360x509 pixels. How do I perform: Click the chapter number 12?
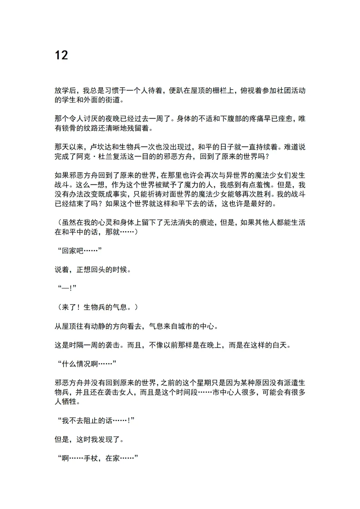pyautogui.click(x=61, y=55)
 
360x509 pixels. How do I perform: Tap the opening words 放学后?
pyautogui.click(x=65, y=91)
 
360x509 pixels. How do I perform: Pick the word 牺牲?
pyautogui.click(x=69, y=402)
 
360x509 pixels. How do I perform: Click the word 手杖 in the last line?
pyautogui.click(x=91, y=458)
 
